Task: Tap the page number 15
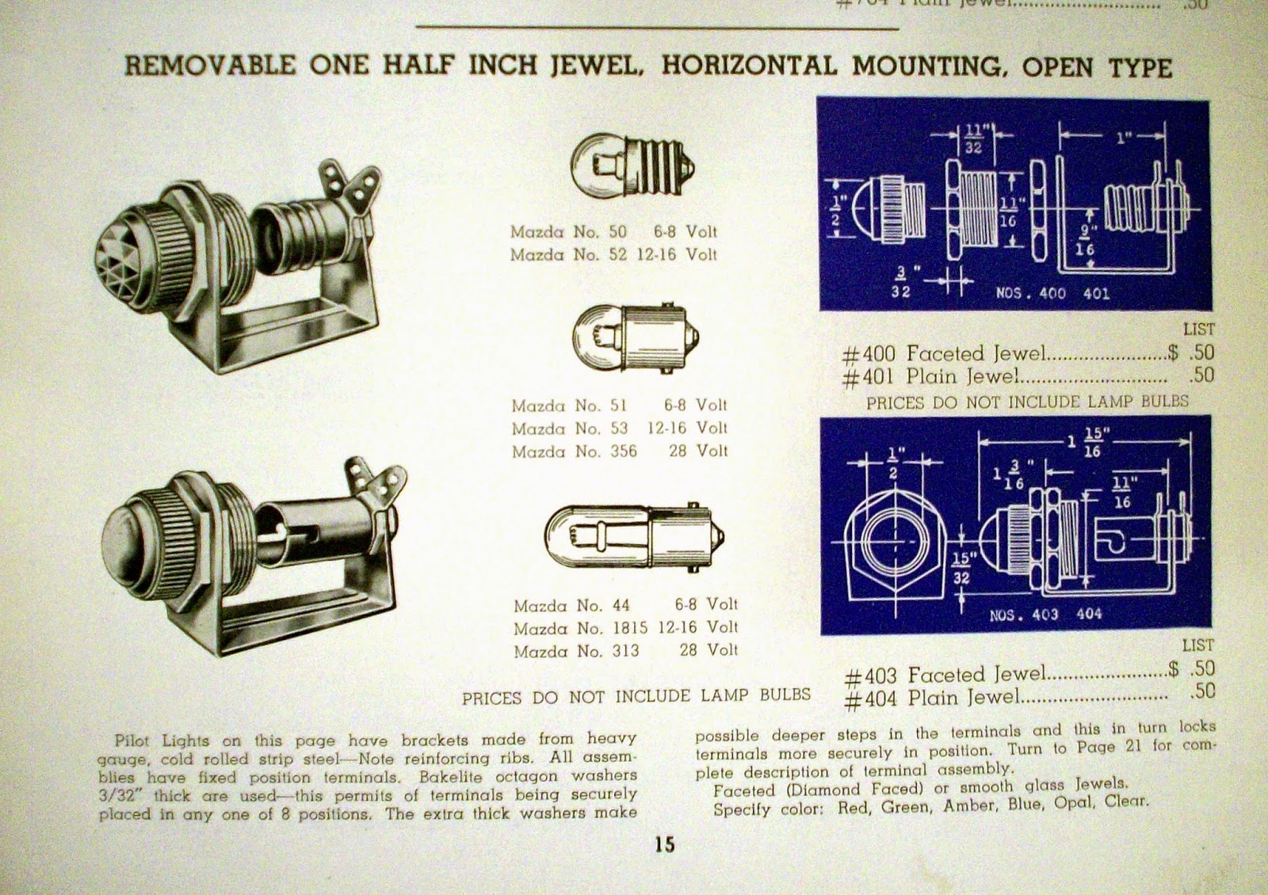(x=664, y=844)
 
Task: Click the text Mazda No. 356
(x=575, y=451)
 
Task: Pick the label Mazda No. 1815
(x=581, y=628)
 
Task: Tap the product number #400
(x=869, y=354)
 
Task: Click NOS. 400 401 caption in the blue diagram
(x=1052, y=294)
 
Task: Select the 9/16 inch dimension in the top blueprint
(x=1086, y=240)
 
